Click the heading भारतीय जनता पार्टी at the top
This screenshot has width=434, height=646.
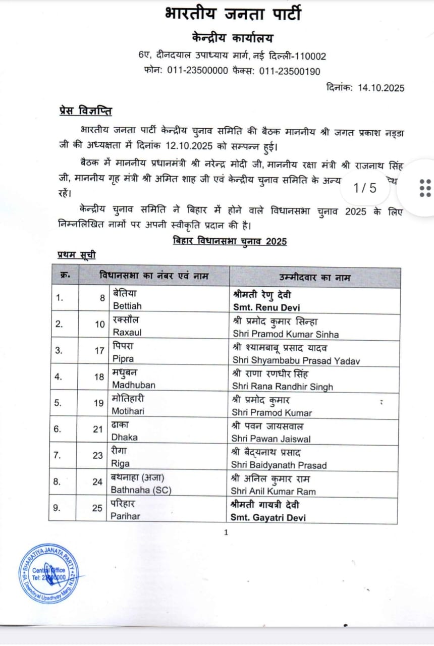coord(233,14)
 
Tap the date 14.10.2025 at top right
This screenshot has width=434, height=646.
coord(381,88)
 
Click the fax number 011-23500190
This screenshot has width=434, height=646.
coord(290,71)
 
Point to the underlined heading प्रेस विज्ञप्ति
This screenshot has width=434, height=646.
coord(84,111)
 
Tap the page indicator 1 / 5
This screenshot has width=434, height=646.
coord(365,188)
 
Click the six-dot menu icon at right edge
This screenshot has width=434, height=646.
coord(425,188)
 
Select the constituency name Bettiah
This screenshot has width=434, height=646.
coord(127,306)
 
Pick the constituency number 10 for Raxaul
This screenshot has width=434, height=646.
coord(100,324)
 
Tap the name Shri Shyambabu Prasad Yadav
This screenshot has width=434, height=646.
coord(296,360)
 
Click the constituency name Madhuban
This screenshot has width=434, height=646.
coord(134,385)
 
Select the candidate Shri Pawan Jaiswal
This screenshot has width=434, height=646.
coord(271,439)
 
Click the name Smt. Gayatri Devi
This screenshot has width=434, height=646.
coord(268,517)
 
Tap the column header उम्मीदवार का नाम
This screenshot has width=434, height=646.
coord(315,278)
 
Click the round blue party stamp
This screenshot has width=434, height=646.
coord(48,573)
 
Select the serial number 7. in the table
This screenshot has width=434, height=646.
coord(59,455)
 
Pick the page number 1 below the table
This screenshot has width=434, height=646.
coord(226,532)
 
